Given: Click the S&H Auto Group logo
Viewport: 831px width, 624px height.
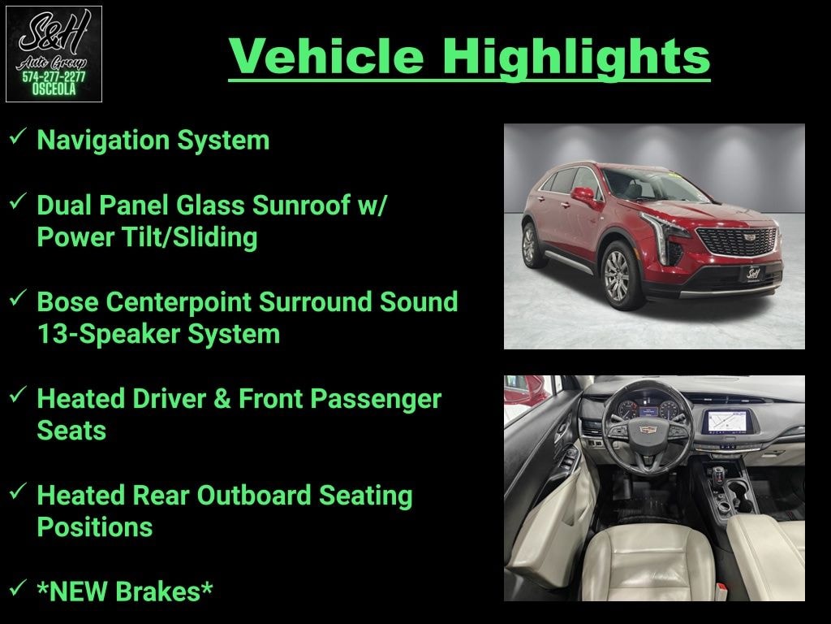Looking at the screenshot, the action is coord(54,54).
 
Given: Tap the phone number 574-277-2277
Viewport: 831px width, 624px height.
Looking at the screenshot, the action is coord(54,76).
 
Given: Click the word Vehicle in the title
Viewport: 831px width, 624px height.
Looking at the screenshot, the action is coord(326,56).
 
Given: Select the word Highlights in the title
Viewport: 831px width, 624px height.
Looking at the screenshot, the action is coord(576,58).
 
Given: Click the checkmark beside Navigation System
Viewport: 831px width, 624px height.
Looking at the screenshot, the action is coord(18,136).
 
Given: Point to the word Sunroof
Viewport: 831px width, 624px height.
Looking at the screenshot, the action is coord(300,205).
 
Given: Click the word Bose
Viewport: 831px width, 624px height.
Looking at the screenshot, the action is coord(67,302).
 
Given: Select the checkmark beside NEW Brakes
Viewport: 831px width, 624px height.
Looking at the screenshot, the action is coord(18,587).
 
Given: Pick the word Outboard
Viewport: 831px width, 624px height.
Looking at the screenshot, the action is coord(253,495).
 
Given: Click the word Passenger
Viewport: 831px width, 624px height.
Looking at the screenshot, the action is coord(376,400).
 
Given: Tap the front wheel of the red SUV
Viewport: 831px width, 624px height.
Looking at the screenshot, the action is coord(618,276).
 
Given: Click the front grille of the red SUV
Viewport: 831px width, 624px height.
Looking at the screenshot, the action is coord(738,241).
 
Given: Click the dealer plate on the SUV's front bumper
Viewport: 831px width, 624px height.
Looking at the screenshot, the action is coord(752,274).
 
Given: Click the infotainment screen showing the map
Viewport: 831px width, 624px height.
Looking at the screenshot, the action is coord(726,422).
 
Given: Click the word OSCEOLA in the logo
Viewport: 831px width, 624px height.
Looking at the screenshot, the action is coord(54,89).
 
